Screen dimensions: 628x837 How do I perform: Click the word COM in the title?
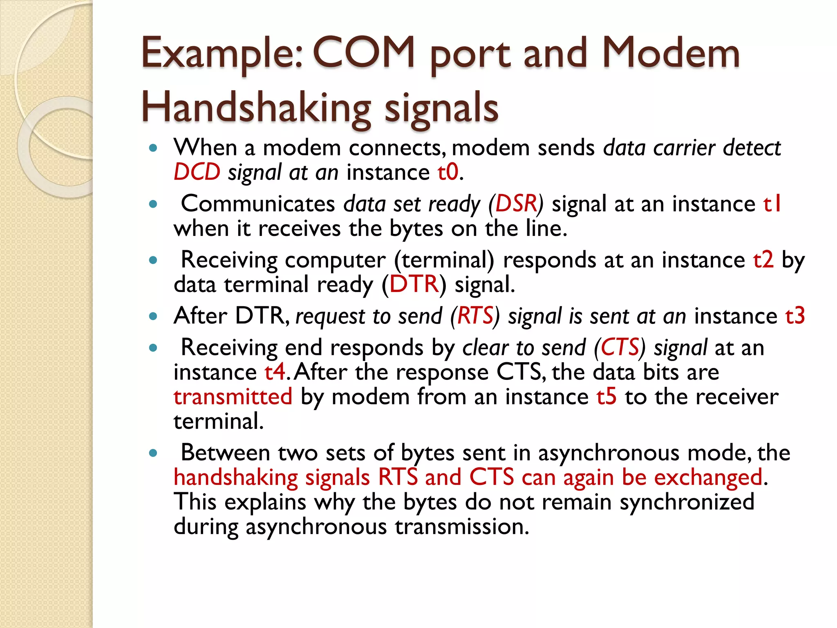pyautogui.click(x=364, y=53)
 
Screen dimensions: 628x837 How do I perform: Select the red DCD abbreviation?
pyautogui.click(x=197, y=172)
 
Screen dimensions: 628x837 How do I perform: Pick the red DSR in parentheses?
pyautogui.click(x=516, y=204)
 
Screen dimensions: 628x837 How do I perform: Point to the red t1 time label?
pyautogui.click(x=772, y=204)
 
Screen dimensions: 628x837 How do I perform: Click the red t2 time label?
pyautogui.click(x=763, y=260)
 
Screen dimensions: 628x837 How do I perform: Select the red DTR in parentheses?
pyautogui.click(x=414, y=284)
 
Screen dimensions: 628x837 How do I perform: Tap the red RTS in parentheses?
pyautogui.click(x=475, y=316)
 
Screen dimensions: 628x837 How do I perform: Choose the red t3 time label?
pyautogui.click(x=795, y=316)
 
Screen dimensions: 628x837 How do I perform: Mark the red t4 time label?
pyautogui.click(x=275, y=372)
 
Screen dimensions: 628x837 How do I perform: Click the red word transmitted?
pyautogui.click(x=233, y=397)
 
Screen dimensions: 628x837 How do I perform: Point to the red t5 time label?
pyautogui.click(x=606, y=397)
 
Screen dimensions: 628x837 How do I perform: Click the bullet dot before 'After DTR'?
pyautogui.click(x=153, y=316)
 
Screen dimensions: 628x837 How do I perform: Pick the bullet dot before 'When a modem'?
pyautogui.click(x=153, y=148)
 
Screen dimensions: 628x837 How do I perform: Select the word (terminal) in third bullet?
pyautogui.click(x=444, y=260)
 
